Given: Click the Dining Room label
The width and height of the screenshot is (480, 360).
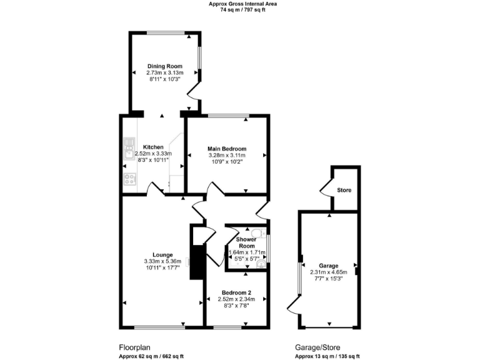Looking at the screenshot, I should pyautogui.click(x=165, y=66).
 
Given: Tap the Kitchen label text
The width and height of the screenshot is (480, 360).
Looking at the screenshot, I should pyautogui.click(x=153, y=147).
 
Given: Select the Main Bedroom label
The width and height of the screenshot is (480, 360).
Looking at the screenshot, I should pyautogui.click(x=226, y=148).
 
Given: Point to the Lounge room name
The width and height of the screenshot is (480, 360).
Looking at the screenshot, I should pyautogui.click(x=162, y=254).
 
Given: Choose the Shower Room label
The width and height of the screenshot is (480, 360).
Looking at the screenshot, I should pyautogui.click(x=247, y=242).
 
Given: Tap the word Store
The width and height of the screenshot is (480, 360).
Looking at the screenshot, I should pyautogui.click(x=344, y=190).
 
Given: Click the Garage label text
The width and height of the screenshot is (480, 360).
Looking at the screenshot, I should pyautogui.click(x=328, y=265).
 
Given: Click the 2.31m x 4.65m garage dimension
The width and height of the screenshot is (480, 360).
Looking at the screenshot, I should pyautogui.click(x=328, y=272).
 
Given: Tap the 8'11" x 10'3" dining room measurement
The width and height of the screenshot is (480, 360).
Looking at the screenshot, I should pyautogui.click(x=165, y=79).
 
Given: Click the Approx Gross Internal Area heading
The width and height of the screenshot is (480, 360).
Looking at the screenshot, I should pyautogui.click(x=242, y=4).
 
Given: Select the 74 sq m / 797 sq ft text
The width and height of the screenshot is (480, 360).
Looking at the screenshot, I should pyautogui.click(x=242, y=10).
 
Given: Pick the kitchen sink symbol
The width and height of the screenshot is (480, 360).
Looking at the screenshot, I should pyautogui.click(x=130, y=148).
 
